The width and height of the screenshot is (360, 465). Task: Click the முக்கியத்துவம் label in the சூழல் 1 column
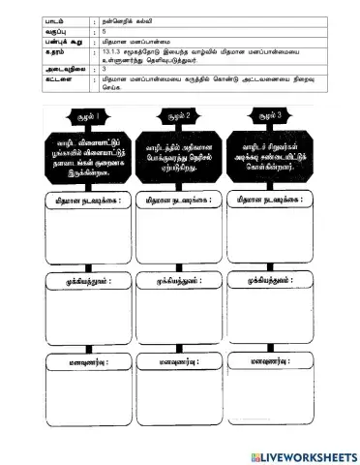pos(74,280)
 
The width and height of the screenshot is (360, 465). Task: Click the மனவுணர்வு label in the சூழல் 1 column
pos(74,359)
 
